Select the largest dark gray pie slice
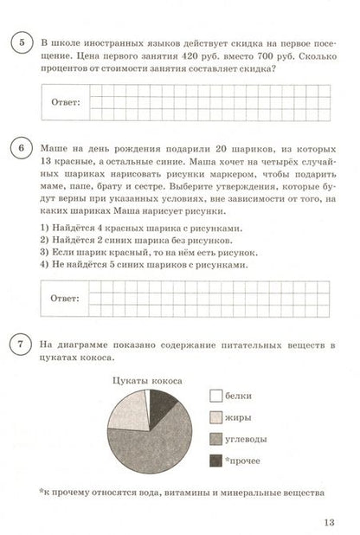[156, 442]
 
